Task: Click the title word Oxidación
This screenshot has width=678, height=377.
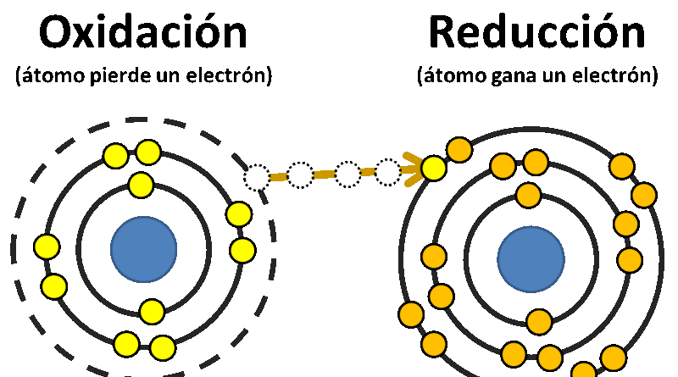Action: (x=143, y=31)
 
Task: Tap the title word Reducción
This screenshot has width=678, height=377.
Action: (x=537, y=31)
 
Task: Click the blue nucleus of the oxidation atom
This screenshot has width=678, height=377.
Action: (x=143, y=249)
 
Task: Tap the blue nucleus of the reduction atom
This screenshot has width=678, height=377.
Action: (x=531, y=259)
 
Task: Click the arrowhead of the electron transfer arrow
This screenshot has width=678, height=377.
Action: (x=413, y=169)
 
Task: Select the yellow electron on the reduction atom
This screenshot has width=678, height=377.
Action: (x=433, y=169)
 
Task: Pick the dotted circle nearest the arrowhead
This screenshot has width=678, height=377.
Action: (x=387, y=173)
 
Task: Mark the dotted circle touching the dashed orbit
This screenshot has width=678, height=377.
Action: (x=257, y=177)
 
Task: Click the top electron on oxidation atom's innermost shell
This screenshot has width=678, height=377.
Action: (x=141, y=185)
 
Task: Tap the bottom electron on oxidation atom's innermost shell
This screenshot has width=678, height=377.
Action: (x=152, y=311)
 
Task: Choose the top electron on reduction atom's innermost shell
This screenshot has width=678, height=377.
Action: (x=528, y=195)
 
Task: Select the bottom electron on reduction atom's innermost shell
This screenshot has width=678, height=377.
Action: (x=539, y=322)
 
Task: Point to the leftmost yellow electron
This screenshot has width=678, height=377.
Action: (x=47, y=247)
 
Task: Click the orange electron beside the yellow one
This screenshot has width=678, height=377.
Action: (x=459, y=150)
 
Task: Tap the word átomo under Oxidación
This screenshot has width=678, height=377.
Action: (x=53, y=76)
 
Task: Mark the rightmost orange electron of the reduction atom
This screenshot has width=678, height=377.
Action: (x=644, y=195)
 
